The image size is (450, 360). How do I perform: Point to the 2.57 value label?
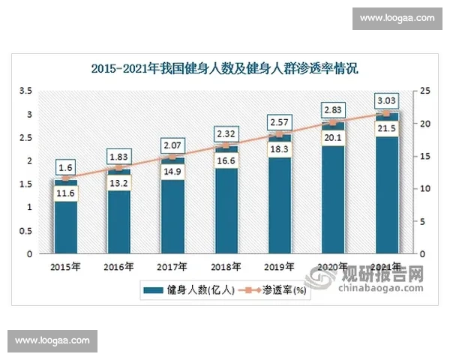tap(280, 121)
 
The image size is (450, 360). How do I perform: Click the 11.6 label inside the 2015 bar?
tap(65, 193)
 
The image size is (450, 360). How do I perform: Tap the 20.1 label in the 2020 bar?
tap(334, 136)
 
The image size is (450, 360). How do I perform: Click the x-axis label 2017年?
tap(172, 266)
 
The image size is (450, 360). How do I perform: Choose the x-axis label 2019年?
tap(280, 266)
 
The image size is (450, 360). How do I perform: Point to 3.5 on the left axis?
tap(25, 91)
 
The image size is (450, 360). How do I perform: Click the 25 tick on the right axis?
tap(425, 91)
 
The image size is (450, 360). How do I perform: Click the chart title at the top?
tap(225, 68)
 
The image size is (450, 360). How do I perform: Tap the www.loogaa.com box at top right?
tap(397, 17)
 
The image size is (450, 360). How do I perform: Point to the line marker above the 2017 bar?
tap(172, 157)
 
